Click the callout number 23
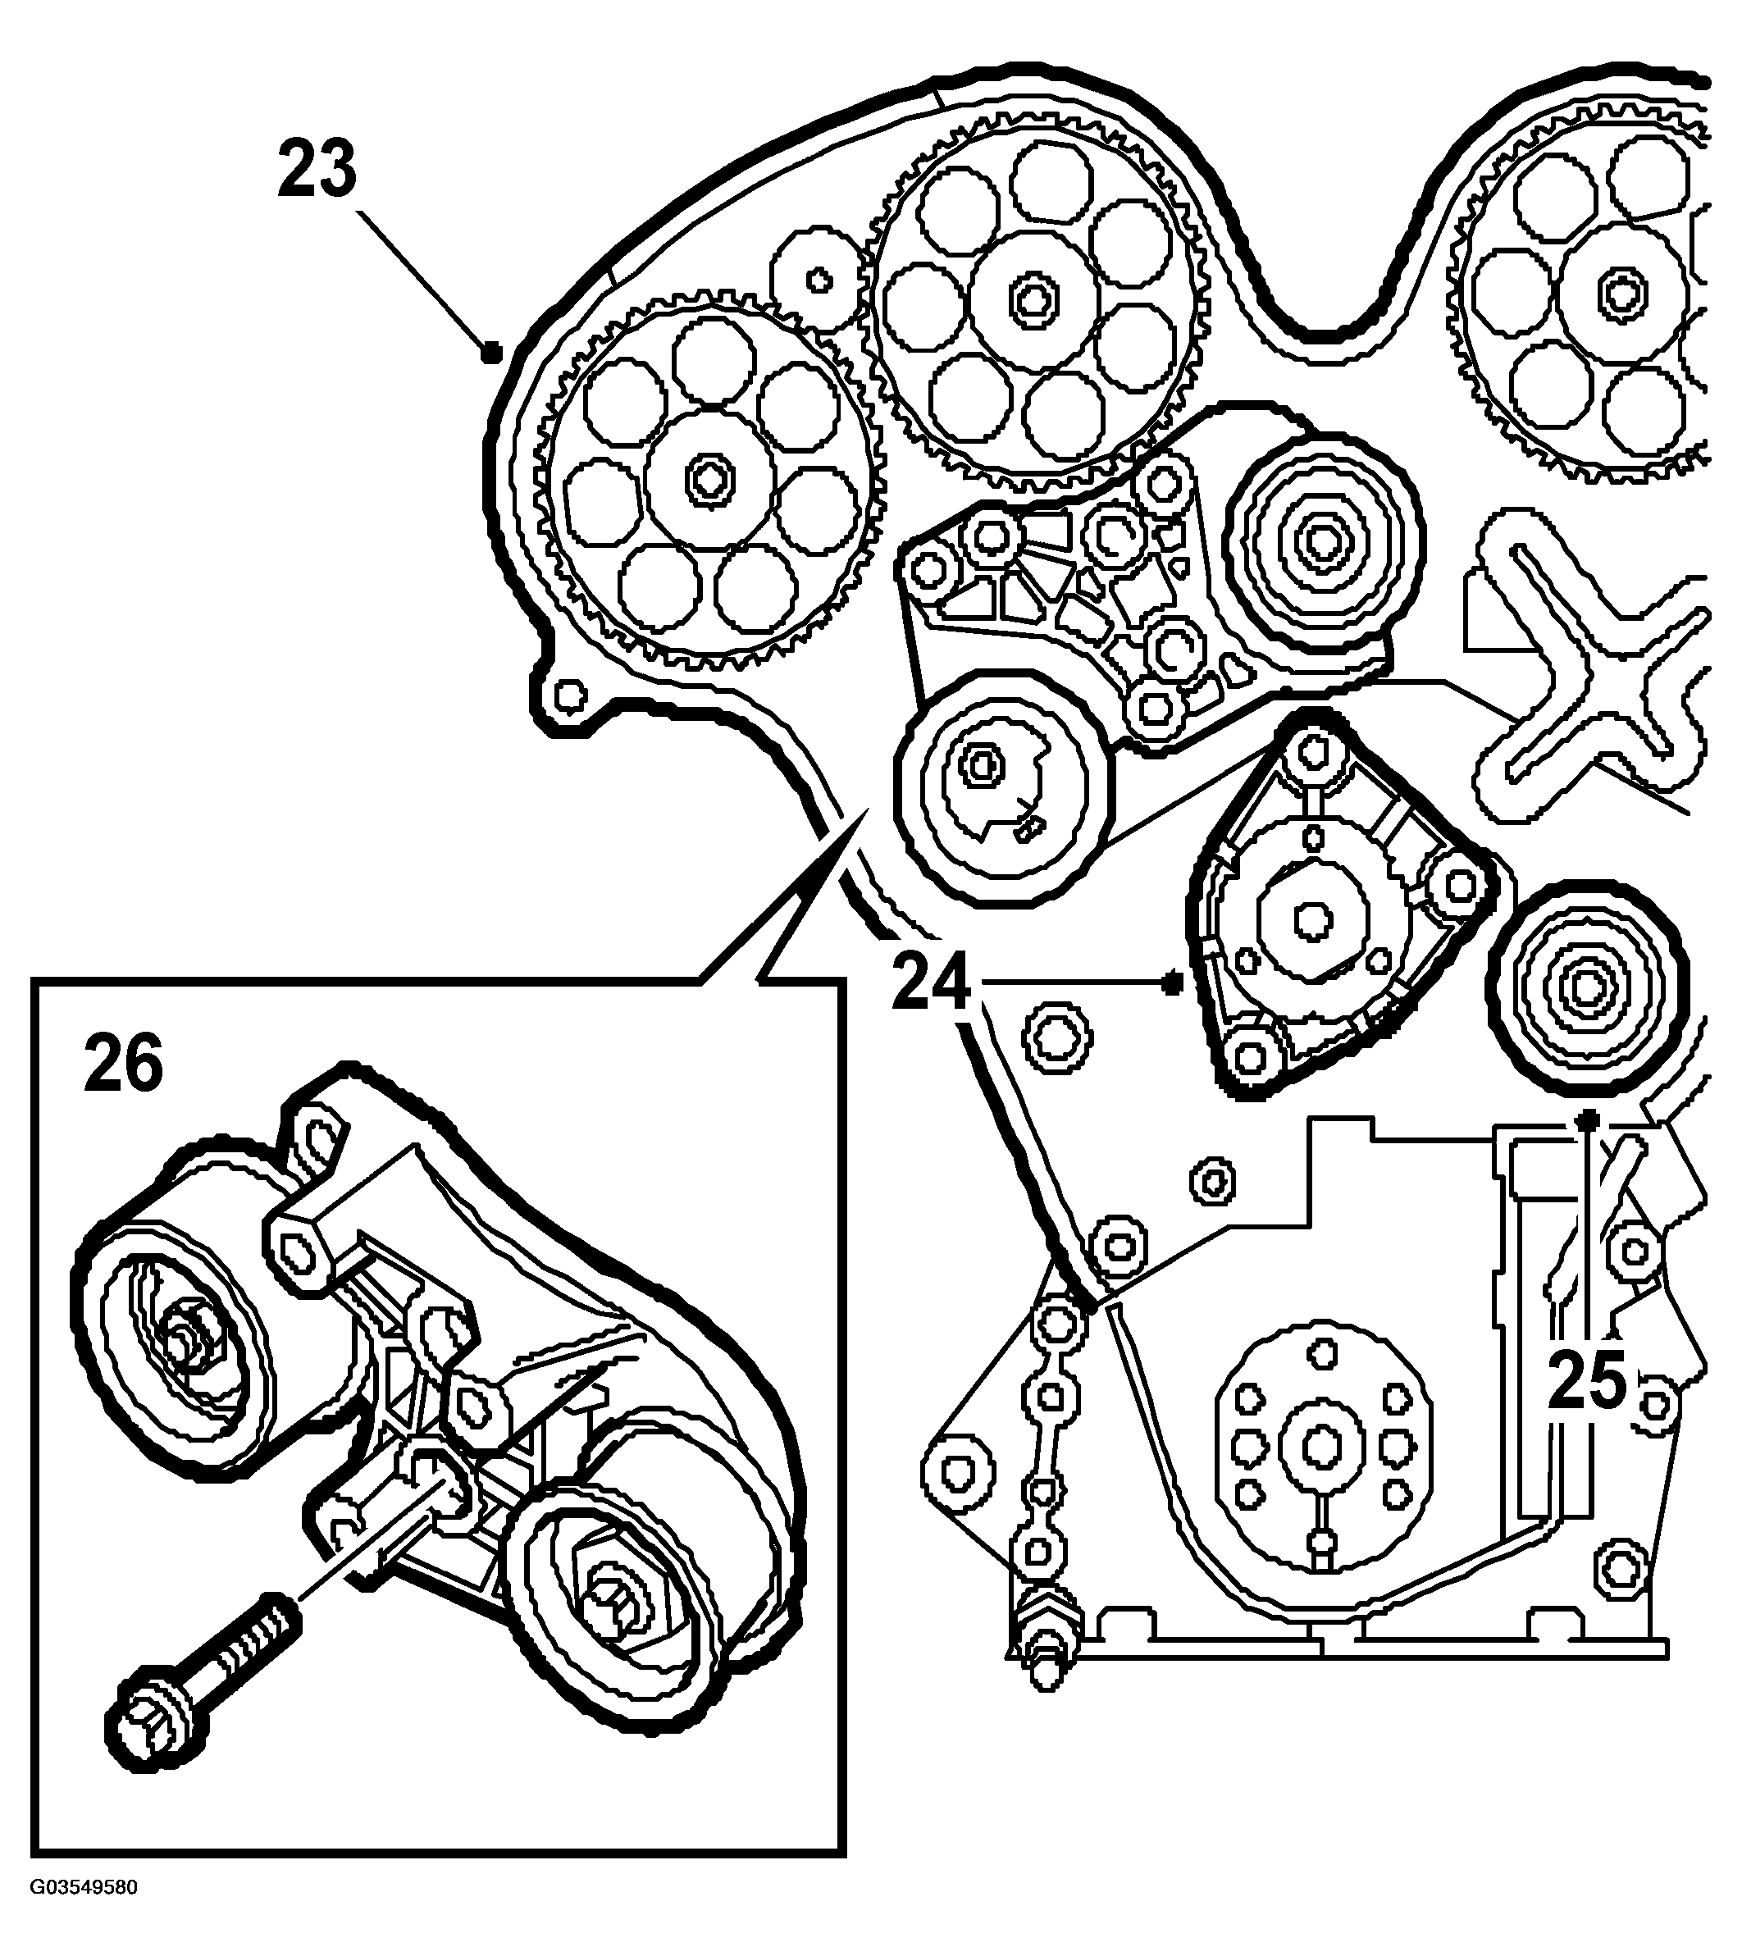(317, 168)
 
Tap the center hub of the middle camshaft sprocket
(1033, 299)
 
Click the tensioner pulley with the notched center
(1001, 787)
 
